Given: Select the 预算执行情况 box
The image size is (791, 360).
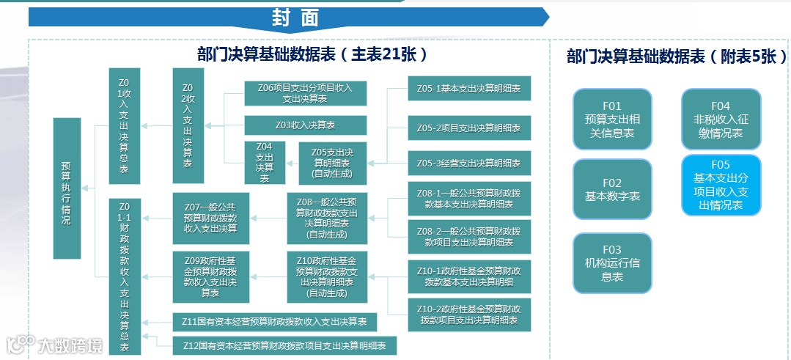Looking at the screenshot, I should (x=67, y=188).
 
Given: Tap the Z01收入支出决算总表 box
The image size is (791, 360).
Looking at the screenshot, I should (x=124, y=126).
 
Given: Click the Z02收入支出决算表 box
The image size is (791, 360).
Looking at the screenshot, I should (x=188, y=126).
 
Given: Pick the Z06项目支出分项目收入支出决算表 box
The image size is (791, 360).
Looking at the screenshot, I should (x=304, y=93).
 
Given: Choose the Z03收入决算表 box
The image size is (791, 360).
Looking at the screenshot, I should (x=304, y=125).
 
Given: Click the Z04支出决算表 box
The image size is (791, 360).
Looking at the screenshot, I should (x=264, y=163).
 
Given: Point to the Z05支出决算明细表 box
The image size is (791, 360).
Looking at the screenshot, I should (x=333, y=163).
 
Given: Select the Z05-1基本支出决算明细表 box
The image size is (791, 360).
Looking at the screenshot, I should (x=469, y=89).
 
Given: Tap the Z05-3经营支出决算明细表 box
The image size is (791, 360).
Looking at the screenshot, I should (x=469, y=163).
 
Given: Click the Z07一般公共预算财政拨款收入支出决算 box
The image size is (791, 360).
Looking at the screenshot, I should (x=210, y=218).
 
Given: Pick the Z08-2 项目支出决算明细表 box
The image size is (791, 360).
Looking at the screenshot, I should (x=469, y=237).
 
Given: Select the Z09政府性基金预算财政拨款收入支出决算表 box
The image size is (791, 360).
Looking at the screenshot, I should (x=210, y=276).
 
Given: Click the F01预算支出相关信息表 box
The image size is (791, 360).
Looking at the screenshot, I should (x=612, y=120).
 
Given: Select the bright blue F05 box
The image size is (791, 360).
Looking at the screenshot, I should (x=721, y=185).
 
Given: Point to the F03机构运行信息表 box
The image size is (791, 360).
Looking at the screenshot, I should (x=612, y=263).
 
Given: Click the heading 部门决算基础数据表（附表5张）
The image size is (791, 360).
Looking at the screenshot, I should (x=675, y=56).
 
